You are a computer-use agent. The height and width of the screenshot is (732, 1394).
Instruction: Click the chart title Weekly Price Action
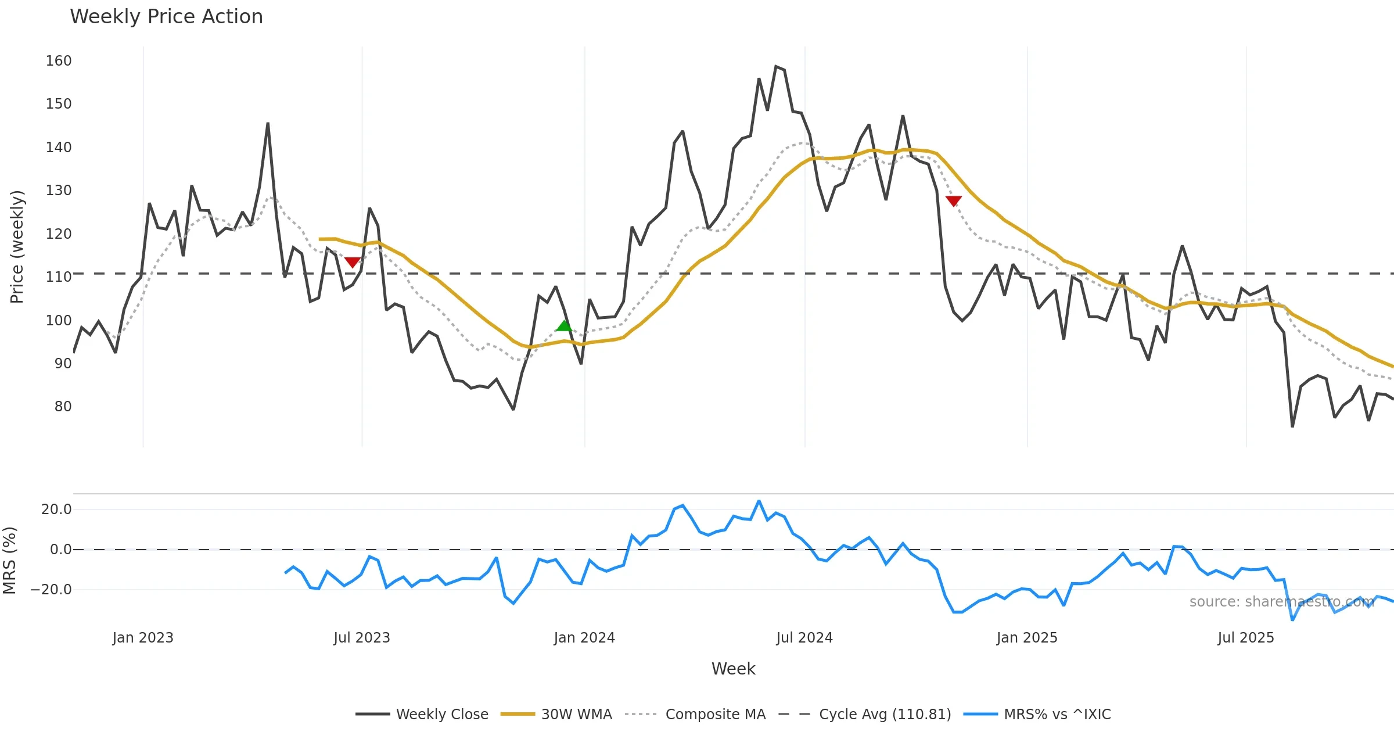coord(166,17)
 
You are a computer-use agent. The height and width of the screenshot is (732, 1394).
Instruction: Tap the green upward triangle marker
coord(563,326)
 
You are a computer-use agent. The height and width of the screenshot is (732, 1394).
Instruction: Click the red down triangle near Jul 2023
coord(353,263)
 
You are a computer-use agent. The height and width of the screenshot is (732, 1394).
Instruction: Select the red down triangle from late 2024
coord(953,201)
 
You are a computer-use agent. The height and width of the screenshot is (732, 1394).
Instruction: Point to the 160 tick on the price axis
coord(59,61)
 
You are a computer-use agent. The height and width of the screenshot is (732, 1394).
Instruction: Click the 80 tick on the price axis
coord(63,407)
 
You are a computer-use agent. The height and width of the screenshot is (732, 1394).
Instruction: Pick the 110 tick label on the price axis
coord(59,277)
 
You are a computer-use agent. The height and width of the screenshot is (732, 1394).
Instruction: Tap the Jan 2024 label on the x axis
coord(584,638)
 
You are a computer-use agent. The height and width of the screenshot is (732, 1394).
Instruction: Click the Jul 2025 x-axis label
coord(1246,638)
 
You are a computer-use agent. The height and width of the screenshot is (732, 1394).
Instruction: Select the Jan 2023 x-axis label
coord(143,638)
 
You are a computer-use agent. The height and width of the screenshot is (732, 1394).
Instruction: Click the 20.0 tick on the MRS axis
coord(56,509)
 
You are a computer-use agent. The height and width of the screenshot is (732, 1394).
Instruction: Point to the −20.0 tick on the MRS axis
coord(51,590)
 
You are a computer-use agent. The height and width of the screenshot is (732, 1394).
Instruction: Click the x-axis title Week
coord(733,669)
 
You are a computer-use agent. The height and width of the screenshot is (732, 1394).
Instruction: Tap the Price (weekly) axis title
coord(17,247)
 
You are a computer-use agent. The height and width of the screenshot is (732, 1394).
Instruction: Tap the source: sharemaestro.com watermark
coord(1282,602)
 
